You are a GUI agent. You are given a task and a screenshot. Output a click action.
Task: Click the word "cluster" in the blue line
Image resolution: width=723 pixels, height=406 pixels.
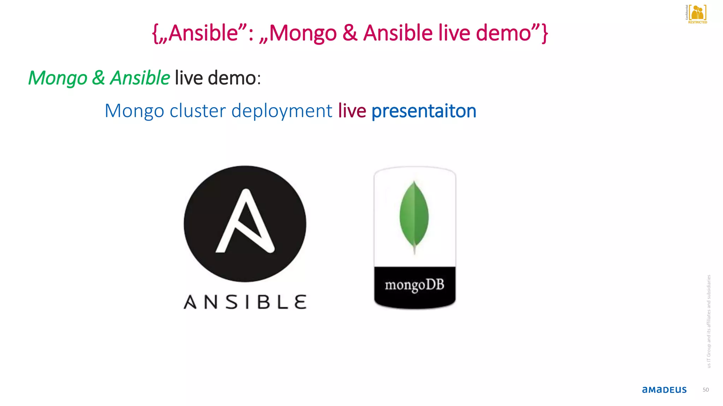197,111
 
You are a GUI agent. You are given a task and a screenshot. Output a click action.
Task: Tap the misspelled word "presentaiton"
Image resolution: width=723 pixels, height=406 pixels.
424,111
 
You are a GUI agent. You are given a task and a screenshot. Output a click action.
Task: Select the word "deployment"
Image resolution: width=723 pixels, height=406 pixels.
282,111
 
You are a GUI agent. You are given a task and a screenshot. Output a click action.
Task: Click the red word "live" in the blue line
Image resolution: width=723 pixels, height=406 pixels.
352,111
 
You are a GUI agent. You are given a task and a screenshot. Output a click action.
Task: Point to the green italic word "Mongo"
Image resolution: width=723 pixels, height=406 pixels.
58,78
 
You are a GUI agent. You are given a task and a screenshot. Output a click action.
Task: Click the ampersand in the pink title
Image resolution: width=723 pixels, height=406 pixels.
350,33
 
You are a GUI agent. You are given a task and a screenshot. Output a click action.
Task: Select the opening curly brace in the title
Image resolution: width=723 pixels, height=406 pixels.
155,34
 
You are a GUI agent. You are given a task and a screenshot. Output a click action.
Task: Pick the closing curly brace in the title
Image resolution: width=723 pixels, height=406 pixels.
545,34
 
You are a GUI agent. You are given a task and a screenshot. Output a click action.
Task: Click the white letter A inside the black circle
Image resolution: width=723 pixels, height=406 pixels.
245,222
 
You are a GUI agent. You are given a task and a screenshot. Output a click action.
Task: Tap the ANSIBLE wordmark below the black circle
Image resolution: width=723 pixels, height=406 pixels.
245,302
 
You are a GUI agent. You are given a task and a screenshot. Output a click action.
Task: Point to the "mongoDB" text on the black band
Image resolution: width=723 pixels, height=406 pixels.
414,285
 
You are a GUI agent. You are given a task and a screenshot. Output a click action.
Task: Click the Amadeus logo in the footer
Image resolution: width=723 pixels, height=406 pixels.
664,390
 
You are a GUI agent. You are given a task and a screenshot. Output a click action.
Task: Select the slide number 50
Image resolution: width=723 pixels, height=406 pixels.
705,390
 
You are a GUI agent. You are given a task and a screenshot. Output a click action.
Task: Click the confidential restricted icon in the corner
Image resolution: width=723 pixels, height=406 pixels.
697,14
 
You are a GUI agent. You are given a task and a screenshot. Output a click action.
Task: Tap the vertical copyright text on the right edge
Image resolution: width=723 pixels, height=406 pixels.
709,321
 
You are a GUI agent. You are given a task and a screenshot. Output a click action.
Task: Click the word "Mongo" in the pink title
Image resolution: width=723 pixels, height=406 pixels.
303,33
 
